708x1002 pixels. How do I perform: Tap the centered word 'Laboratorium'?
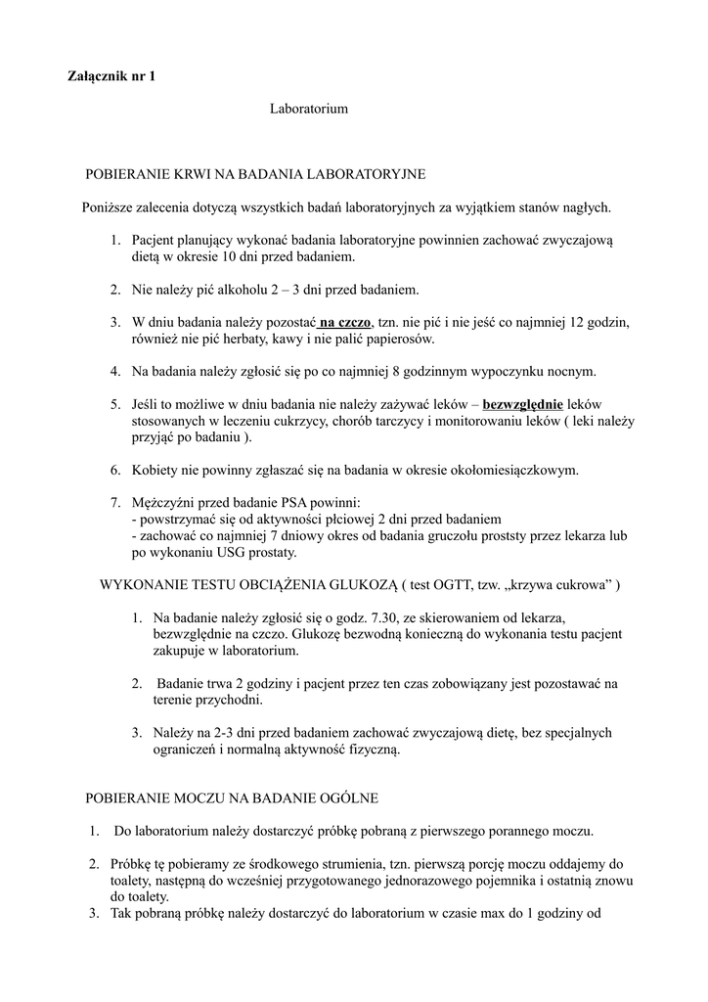point(309,109)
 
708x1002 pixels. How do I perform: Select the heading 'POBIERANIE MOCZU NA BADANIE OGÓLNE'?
point(232,799)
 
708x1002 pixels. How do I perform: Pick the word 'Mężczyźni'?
point(164,502)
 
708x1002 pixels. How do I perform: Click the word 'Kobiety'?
point(156,470)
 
